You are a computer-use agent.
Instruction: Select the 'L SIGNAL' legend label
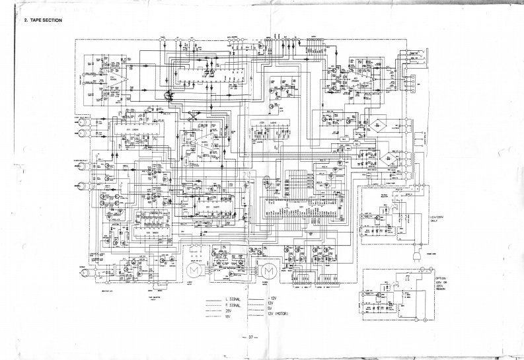click(235, 299)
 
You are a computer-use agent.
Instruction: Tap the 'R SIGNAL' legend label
click(235, 305)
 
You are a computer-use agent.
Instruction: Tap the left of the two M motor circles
click(194, 271)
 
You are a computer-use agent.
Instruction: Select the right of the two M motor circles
click(268, 271)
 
